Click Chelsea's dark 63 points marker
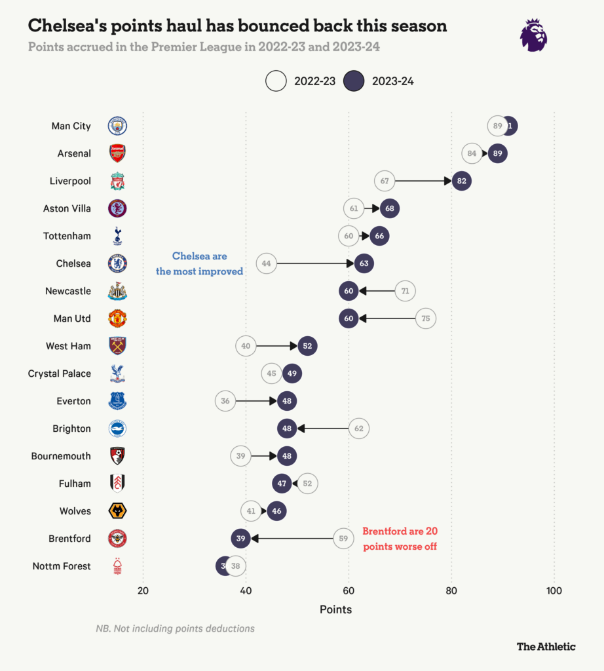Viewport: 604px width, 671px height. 364,263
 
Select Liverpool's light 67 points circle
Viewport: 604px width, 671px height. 385,181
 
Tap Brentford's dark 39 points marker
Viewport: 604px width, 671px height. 240,539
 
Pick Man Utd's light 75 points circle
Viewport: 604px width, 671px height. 426,318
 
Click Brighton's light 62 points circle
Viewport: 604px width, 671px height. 359,429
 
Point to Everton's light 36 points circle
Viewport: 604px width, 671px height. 225,401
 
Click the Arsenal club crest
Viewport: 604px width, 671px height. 117,153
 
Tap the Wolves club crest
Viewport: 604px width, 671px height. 117,511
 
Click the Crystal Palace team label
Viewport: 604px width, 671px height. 60,374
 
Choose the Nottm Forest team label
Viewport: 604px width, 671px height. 62,566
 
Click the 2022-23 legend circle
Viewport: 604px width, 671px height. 276,81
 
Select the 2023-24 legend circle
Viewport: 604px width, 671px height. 354,81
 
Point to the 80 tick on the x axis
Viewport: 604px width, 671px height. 451,590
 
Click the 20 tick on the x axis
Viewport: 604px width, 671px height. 143,590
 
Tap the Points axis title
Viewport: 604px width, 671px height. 335,609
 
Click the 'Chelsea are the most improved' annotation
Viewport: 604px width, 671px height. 199,263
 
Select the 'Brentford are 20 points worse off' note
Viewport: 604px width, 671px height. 400,538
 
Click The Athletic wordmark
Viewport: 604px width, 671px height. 546,646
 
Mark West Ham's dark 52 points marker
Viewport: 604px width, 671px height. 307,346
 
